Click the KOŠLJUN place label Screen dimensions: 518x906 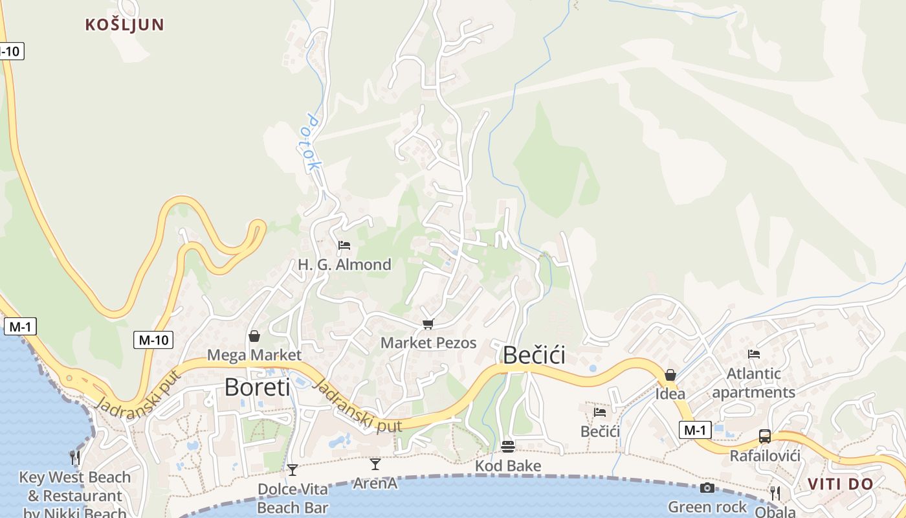pyautogui.click(x=125, y=25)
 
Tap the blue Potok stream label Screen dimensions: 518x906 pyautogui.click(x=313, y=143)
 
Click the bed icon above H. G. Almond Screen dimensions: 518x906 pyautogui.click(x=344, y=245)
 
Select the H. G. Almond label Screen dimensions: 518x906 pyautogui.click(x=344, y=264)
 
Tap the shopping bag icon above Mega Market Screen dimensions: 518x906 pyautogui.click(x=254, y=336)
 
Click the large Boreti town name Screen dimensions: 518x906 pyautogui.click(x=257, y=387)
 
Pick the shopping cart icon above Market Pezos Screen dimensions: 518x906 pyautogui.click(x=427, y=324)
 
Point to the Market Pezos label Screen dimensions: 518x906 pyautogui.click(x=428, y=343)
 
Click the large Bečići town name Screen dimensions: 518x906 pyautogui.click(x=534, y=355)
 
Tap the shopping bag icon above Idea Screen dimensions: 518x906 pyautogui.click(x=670, y=375)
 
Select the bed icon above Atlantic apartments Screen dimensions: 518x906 pyautogui.click(x=754, y=354)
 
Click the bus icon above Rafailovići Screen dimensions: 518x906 pyautogui.click(x=765, y=436)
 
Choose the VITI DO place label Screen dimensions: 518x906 pyautogui.click(x=841, y=484)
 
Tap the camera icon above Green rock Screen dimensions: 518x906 pyautogui.click(x=707, y=488)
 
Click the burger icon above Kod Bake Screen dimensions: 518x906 pyautogui.click(x=508, y=447)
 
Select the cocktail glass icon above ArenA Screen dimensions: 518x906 pyautogui.click(x=375, y=464)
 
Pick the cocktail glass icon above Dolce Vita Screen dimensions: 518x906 pyautogui.click(x=293, y=469)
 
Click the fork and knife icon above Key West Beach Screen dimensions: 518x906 pyautogui.click(x=75, y=458)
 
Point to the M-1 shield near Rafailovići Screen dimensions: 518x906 pyautogui.click(x=695, y=429)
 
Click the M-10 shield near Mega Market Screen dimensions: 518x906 pyautogui.click(x=153, y=339)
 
